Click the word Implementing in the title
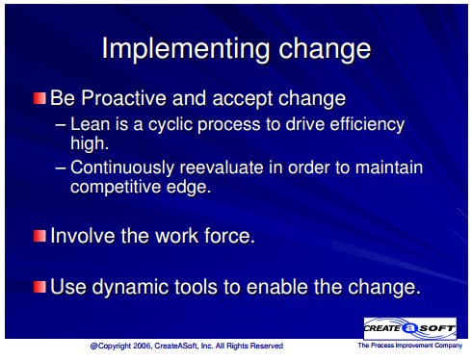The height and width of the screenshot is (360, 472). [x=186, y=49]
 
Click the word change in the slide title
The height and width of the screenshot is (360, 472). [x=325, y=49]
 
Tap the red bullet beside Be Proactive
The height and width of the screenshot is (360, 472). [x=39, y=98]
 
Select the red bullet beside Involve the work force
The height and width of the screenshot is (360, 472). [x=39, y=236]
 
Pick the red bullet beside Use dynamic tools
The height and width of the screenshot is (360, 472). [x=39, y=287]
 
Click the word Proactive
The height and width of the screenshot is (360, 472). [x=123, y=98]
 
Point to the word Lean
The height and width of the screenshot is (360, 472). [x=90, y=124]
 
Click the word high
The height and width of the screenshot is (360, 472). [x=90, y=144]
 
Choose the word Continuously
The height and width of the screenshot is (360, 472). [x=122, y=168]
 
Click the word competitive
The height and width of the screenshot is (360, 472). [x=116, y=188]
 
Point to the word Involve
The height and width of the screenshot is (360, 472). [x=83, y=236]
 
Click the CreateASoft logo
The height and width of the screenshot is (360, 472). [x=409, y=328]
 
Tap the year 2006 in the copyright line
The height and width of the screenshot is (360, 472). [x=142, y=346]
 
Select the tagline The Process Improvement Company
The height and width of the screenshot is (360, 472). [x=410, y=346]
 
